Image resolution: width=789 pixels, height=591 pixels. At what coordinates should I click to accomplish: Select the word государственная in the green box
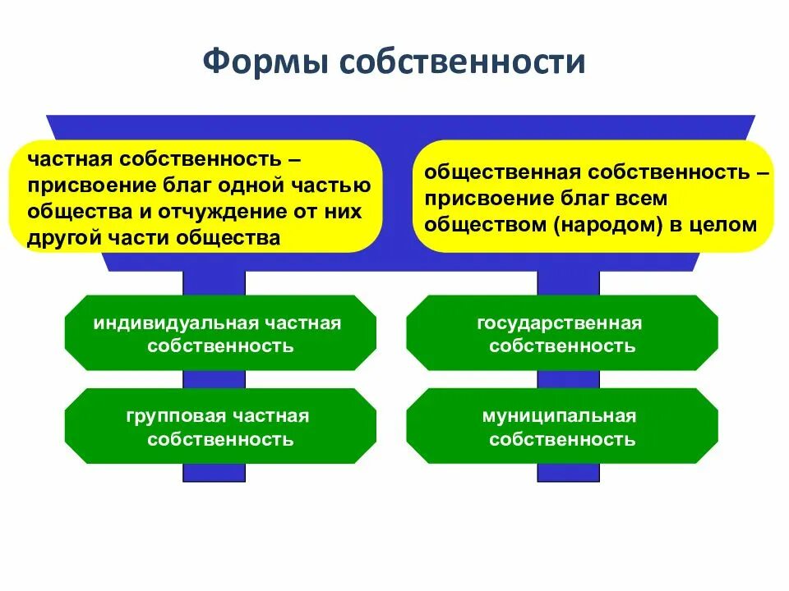[x=559, y=323]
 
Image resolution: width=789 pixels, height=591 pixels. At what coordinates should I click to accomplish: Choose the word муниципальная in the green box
[x=559, y=416]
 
